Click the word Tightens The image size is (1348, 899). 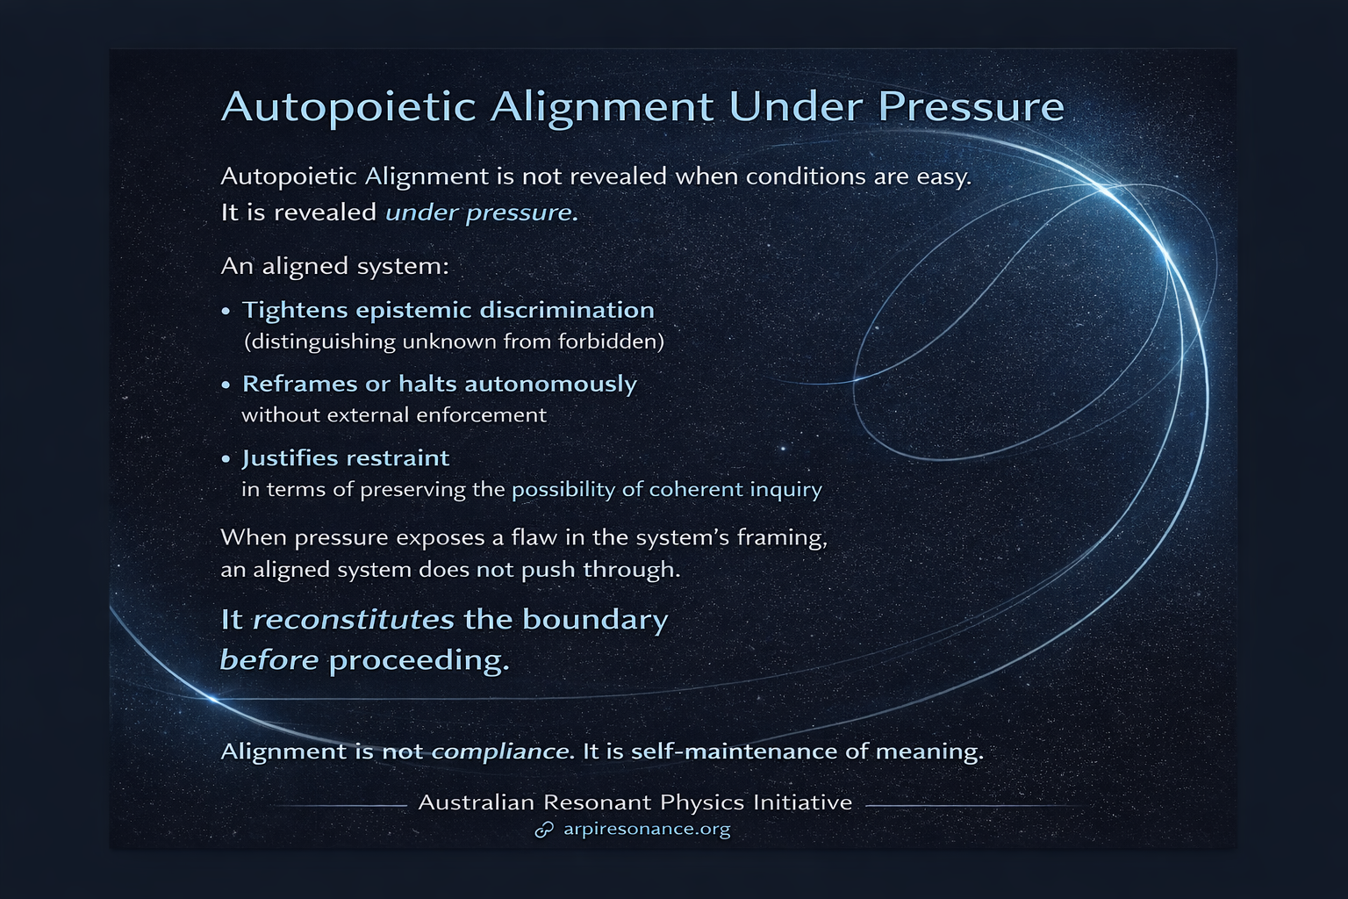click(x=299, y=310)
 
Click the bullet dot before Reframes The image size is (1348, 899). click(x=226, y=385)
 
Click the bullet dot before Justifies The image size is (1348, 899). click(x=226, y=458)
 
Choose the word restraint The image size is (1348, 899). click(x=397, y=458)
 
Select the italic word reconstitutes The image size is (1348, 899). click(x=353, y=620)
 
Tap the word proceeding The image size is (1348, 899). click(x=419, y=660)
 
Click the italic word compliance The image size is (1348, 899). click(x=499, y=752)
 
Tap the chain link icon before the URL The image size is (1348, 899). click(x=544, y=830)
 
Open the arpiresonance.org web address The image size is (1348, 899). click(x=647, y=829)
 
